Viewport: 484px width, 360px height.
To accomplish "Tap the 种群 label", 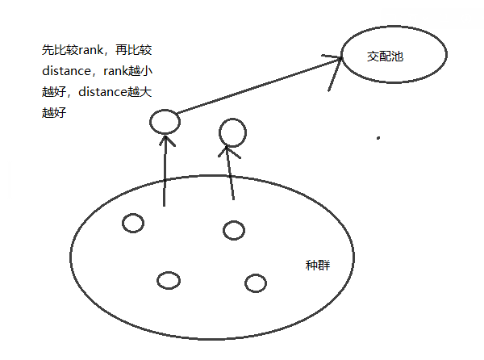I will point(317,266).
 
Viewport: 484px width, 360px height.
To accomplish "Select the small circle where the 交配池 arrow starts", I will point(164,122).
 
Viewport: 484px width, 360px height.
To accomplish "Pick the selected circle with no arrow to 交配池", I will point(232,132).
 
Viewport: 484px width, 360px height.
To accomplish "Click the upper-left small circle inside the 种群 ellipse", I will point(132,222).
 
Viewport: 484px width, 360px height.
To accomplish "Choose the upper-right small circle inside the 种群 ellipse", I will point(234,230).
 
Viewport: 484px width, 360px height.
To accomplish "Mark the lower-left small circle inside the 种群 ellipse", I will point(168,280).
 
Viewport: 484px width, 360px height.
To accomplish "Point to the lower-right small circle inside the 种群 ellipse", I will point(255,283).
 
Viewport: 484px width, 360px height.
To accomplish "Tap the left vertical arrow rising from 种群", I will point(165,170).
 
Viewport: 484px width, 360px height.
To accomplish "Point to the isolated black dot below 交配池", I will point(378,138).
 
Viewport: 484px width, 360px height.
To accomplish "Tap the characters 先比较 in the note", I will point(56,50).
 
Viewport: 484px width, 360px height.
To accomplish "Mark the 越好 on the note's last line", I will point(52,113).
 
